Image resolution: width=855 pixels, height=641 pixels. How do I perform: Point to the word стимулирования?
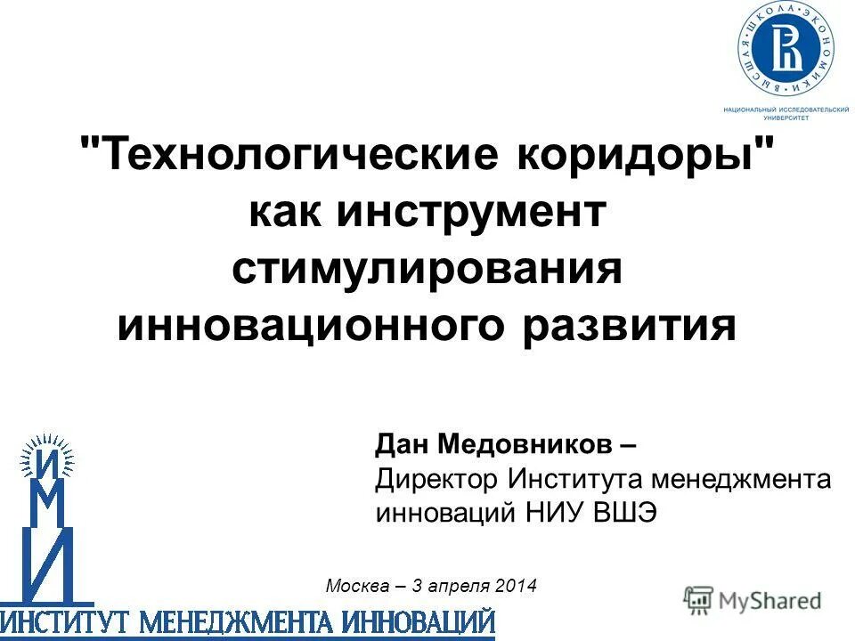pyautogui.click(x=427, y=270)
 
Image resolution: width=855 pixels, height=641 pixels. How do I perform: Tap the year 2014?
pyautogui.click(x=517, y=586)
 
